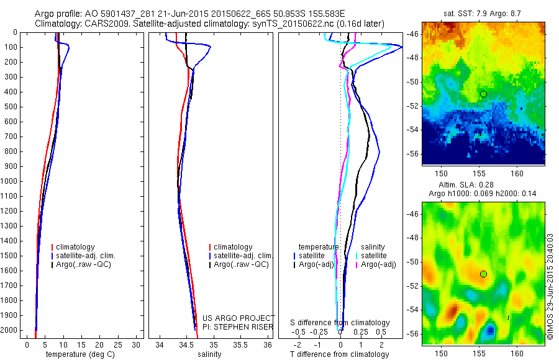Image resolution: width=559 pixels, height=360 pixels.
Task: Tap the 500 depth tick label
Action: click(x=10, y=107)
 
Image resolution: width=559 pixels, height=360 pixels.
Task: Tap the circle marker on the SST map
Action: click(x=483, y=94)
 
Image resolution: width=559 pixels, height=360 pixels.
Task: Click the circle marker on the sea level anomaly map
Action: click(x=483, y=274)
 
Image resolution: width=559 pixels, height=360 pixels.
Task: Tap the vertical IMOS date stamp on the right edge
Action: click(x=550, y=287)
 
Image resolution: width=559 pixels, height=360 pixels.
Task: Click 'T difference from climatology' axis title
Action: click(x=340, y=354)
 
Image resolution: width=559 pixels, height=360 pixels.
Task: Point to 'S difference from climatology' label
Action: click(x=340, y=323)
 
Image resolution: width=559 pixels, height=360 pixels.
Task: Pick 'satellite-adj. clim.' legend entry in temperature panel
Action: click(x=90, y=256)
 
